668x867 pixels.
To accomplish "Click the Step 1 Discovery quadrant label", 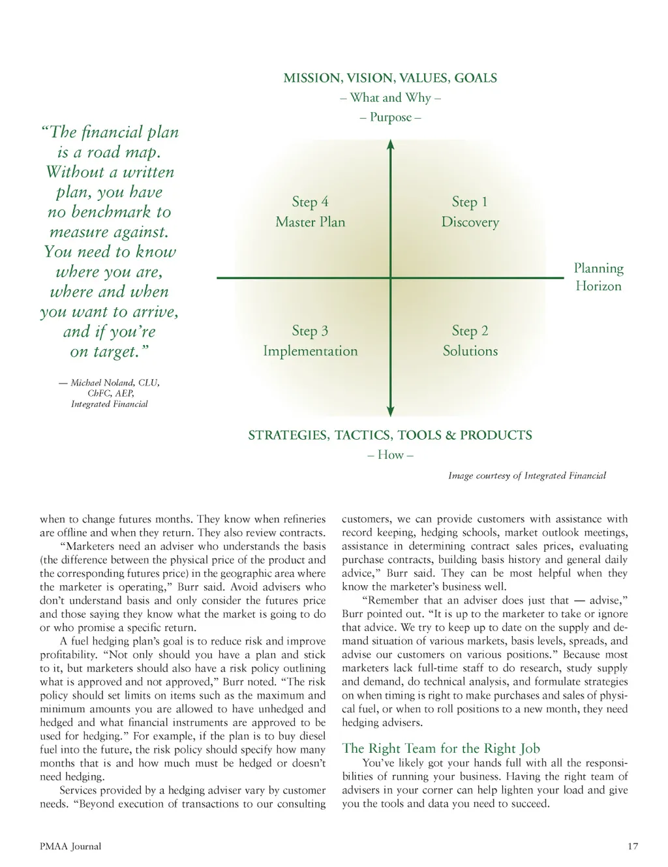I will click(470, 212).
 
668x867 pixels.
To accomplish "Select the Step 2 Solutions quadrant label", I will click(470, 341).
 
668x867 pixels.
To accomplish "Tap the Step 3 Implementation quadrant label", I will click(310, 341).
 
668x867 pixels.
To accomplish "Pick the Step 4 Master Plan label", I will click(310, 212).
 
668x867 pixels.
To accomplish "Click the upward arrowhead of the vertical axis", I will click(390, 145).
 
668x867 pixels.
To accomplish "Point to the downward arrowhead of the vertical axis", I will click(390, 411).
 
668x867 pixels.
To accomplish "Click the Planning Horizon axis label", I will click(598, 277).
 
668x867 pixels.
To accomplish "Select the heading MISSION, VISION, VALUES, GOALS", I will click(390, 78).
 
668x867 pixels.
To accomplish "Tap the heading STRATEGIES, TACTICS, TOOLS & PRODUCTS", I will click(390, 435).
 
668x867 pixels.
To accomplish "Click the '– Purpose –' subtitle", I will click(390, 117).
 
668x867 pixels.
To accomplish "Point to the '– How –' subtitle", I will click(390, 455).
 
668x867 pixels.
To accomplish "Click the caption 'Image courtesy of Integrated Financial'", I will click(526, 476).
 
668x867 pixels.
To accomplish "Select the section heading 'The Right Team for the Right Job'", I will click(441, 748).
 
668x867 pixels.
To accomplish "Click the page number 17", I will click(632, 847).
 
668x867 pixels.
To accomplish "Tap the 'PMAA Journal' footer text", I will click(70, 847).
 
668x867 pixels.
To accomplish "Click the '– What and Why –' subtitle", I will click(390, 98).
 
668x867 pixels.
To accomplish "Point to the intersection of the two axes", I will click(390, 278).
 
